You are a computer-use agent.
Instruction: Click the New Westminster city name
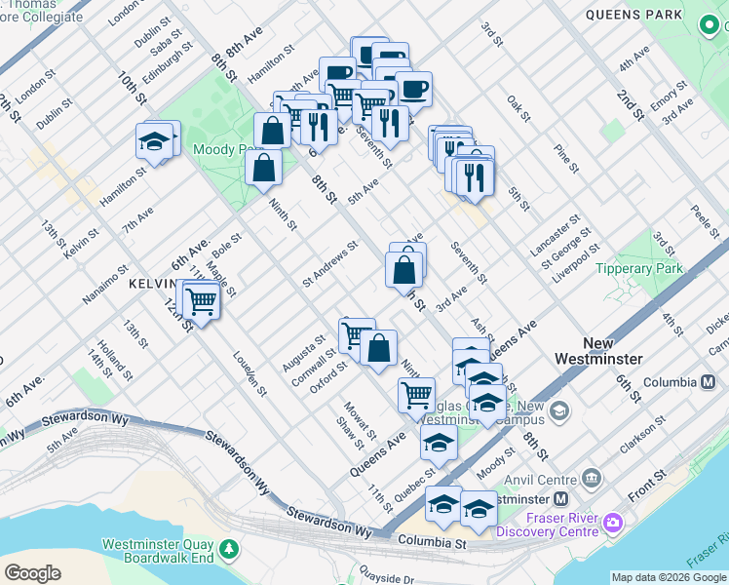[612, 351]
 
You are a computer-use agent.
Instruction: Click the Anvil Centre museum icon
[592, 478]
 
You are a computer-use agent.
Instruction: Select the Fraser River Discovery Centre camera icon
[613, 523]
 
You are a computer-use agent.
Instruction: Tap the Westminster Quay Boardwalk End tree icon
[228, 550]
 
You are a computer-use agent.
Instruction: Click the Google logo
[33, 572]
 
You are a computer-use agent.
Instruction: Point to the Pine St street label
[566, 159]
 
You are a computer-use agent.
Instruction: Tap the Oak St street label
[518, 108]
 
